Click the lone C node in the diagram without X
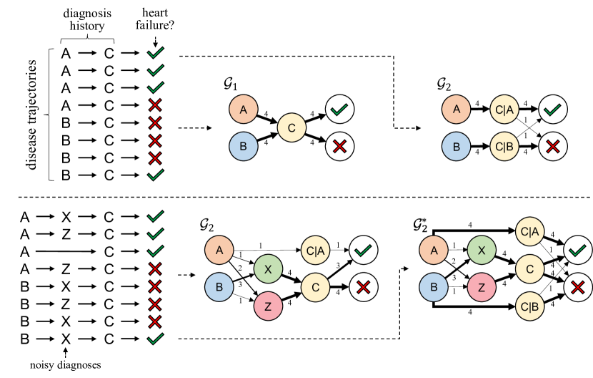point(291,128)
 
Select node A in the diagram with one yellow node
point(243,110)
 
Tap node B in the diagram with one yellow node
point(243,147)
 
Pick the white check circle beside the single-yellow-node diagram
point(340,110)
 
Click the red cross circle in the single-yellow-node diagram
point(340,147)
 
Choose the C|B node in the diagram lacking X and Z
point(504,147)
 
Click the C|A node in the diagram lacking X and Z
point(504,110)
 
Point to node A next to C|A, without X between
point(457,110)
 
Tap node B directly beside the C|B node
point(457,147)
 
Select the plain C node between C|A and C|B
point(530,269)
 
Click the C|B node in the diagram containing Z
point(530,306)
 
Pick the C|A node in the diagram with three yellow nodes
point(530,231)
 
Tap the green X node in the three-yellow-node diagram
point(482,251)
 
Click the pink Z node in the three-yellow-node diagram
point(482,288)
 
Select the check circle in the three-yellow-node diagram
point(578,251)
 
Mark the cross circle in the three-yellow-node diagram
point(578,288)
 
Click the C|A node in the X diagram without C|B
point(315,251)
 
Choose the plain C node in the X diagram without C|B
point(315,288)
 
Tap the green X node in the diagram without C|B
point(268,269)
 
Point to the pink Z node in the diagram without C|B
point(268,306)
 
